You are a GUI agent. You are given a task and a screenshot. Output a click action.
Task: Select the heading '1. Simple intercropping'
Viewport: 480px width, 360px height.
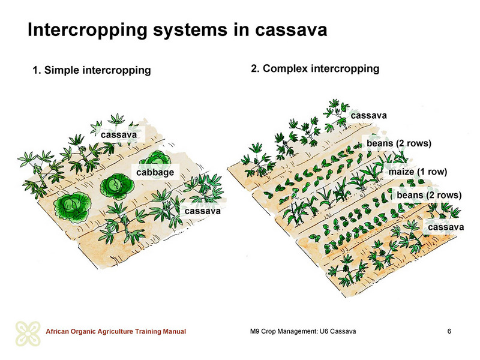(92, 70)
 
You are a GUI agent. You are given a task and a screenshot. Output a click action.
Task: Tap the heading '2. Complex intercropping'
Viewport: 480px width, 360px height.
(315, 68)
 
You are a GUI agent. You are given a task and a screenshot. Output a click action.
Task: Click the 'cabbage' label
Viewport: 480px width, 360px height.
(155, 172)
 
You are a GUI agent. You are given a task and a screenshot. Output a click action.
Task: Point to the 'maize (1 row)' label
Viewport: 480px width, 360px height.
(418, 172)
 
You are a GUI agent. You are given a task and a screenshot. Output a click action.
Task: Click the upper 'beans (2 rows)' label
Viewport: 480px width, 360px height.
(399, 143)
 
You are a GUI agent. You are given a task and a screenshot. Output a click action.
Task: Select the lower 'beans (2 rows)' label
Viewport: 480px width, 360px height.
(429, 195)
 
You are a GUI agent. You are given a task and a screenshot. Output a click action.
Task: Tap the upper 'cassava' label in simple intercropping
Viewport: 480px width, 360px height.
(119, 134)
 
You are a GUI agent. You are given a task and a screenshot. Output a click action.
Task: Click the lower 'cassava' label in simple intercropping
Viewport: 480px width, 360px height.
(203, 211)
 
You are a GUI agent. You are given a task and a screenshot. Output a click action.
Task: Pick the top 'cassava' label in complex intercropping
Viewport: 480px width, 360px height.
(369, 115)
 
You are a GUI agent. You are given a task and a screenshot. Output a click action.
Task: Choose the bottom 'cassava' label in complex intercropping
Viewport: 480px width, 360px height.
(446, 227)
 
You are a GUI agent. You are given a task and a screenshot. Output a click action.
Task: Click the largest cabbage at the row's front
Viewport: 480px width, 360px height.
(73, 206)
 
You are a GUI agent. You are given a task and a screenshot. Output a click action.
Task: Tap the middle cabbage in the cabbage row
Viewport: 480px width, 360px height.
(117, 186)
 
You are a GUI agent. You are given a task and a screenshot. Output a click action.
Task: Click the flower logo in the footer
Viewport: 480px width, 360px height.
(28, 334)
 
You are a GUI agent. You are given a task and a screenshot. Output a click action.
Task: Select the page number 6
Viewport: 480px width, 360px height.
(449, 331)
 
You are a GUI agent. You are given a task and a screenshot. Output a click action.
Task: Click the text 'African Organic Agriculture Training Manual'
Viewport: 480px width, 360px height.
(116, 332)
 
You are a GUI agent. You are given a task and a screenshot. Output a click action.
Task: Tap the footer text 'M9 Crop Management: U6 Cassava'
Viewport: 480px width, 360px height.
(303, 331)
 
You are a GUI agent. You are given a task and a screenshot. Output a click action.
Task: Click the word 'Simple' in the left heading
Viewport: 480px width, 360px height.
(62, 70)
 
